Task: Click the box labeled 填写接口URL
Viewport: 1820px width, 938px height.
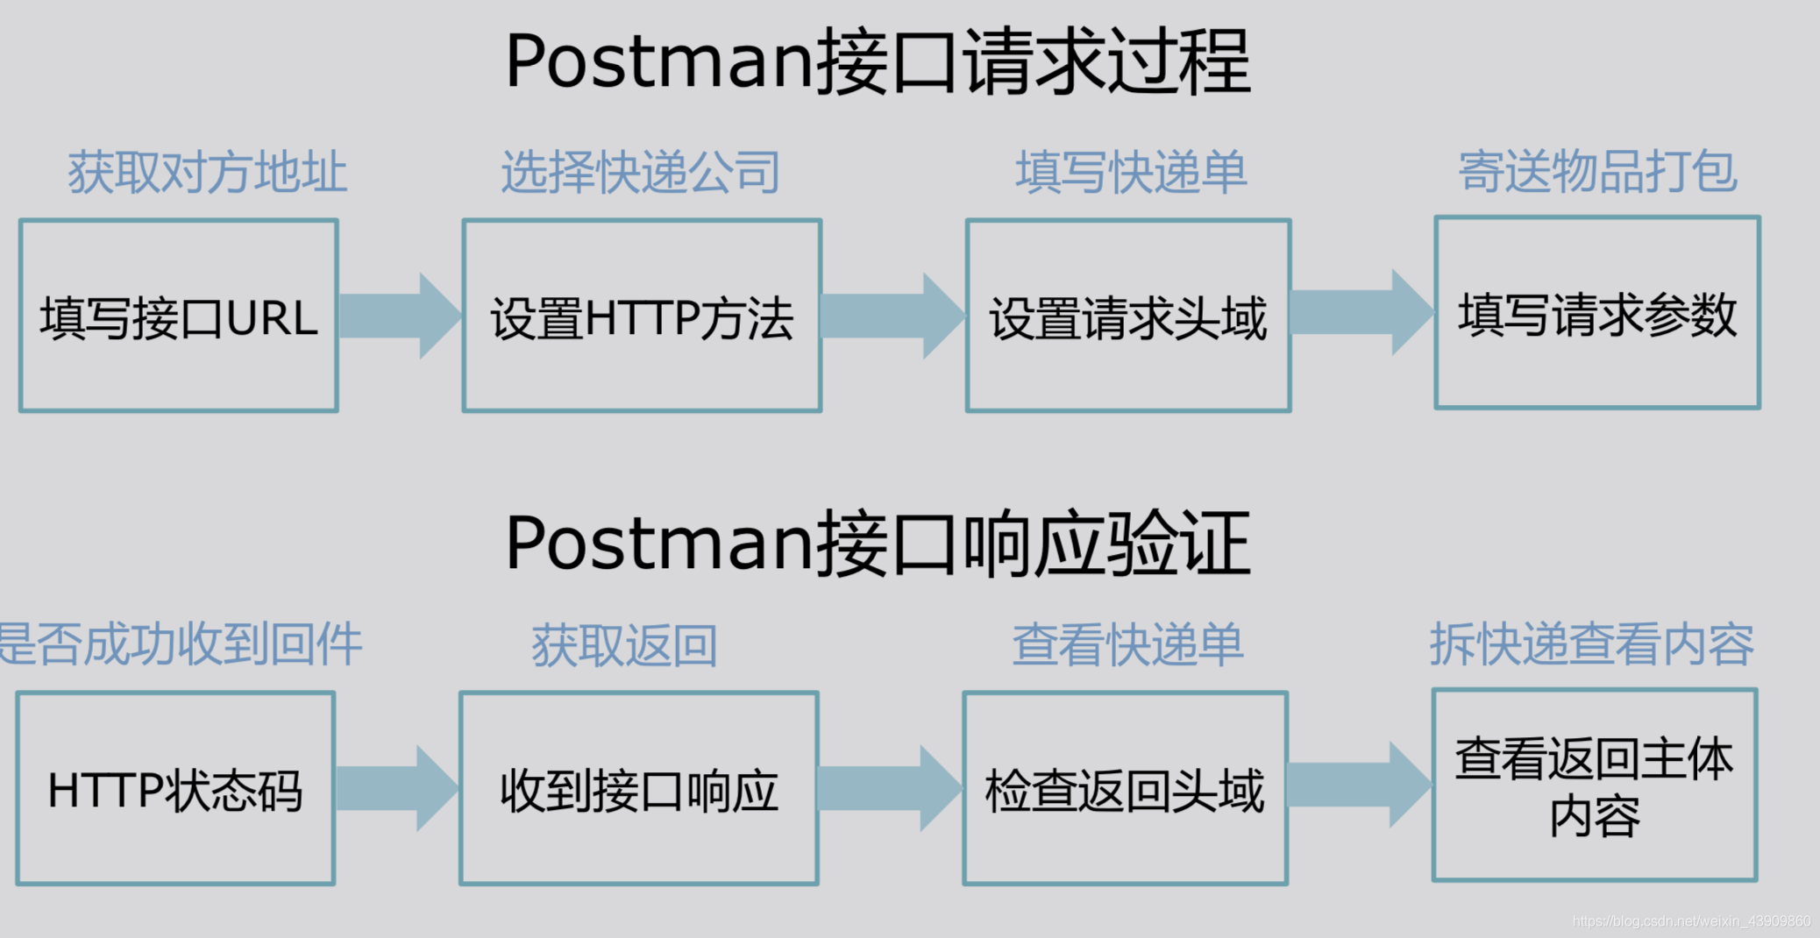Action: coord(178,316)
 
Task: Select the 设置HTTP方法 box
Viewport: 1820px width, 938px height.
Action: coord(642,316)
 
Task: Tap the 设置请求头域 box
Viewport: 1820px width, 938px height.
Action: coord(1127,316)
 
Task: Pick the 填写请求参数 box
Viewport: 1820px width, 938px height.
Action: coord(1596,313)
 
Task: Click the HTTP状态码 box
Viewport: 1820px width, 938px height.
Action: coord(175,788)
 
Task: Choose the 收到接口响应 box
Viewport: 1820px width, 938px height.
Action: coord(639,788)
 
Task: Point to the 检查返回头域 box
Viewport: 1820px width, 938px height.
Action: coord(1125,788)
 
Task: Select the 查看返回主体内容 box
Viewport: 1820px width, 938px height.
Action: coord(1594,785)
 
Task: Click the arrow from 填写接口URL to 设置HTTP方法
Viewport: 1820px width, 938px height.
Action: coord(399,316)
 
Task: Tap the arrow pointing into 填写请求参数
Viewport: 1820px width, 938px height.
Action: coord(1361,312)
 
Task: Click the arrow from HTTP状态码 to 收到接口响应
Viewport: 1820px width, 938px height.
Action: coord(396,788)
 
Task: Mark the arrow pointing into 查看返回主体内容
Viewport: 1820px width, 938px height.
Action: coord(1359,785)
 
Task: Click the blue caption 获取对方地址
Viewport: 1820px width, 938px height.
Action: coord(208,171)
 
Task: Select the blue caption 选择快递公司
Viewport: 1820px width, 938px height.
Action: coord(641,171)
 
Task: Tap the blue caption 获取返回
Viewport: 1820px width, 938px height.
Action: coord(624,645)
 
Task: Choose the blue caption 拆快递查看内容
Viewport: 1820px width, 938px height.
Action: coord(1592,644)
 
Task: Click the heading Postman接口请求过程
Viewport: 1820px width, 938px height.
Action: coord(878,61)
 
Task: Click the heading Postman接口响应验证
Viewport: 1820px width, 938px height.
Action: coord(878,544)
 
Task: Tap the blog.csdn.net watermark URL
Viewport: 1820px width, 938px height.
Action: coord(1691,921)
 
